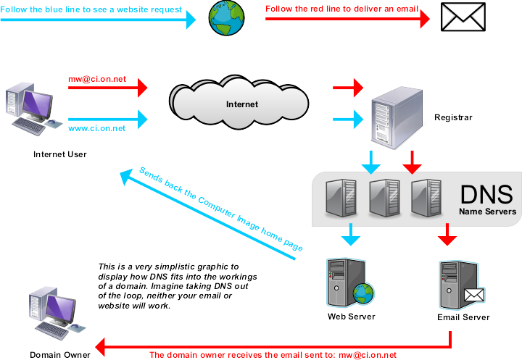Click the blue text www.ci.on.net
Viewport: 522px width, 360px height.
pos(96,128)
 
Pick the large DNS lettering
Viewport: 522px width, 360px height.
pos(486,194)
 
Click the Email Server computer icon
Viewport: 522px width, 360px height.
pos(460,282)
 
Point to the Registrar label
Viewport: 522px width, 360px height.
pos(453,117)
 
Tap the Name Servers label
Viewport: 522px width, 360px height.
pos(487,212)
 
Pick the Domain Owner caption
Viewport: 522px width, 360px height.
pos(60,354)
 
